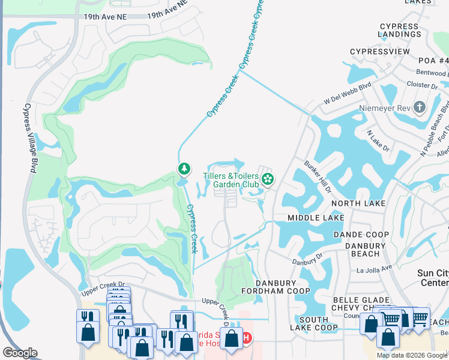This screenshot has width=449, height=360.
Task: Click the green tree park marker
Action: pyautogui.click(x=183, y=170)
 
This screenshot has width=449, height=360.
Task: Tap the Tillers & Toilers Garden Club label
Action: pyautogui.click(x=231, y=179)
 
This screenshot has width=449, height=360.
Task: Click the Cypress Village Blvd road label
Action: pyautogui.click(x=28, y=138)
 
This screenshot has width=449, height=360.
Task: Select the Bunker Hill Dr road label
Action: pyautogui.click(x=318, y=176)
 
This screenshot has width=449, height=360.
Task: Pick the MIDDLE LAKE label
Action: pyautogui.click(x=316, y=217)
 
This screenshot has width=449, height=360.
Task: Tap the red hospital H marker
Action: pyautogui.click(x=246, y=338)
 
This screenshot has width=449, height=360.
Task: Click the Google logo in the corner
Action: pyautogui.click(x=20, y=353)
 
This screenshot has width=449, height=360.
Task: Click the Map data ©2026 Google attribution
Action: pyautogui.click(x=412, y=355)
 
